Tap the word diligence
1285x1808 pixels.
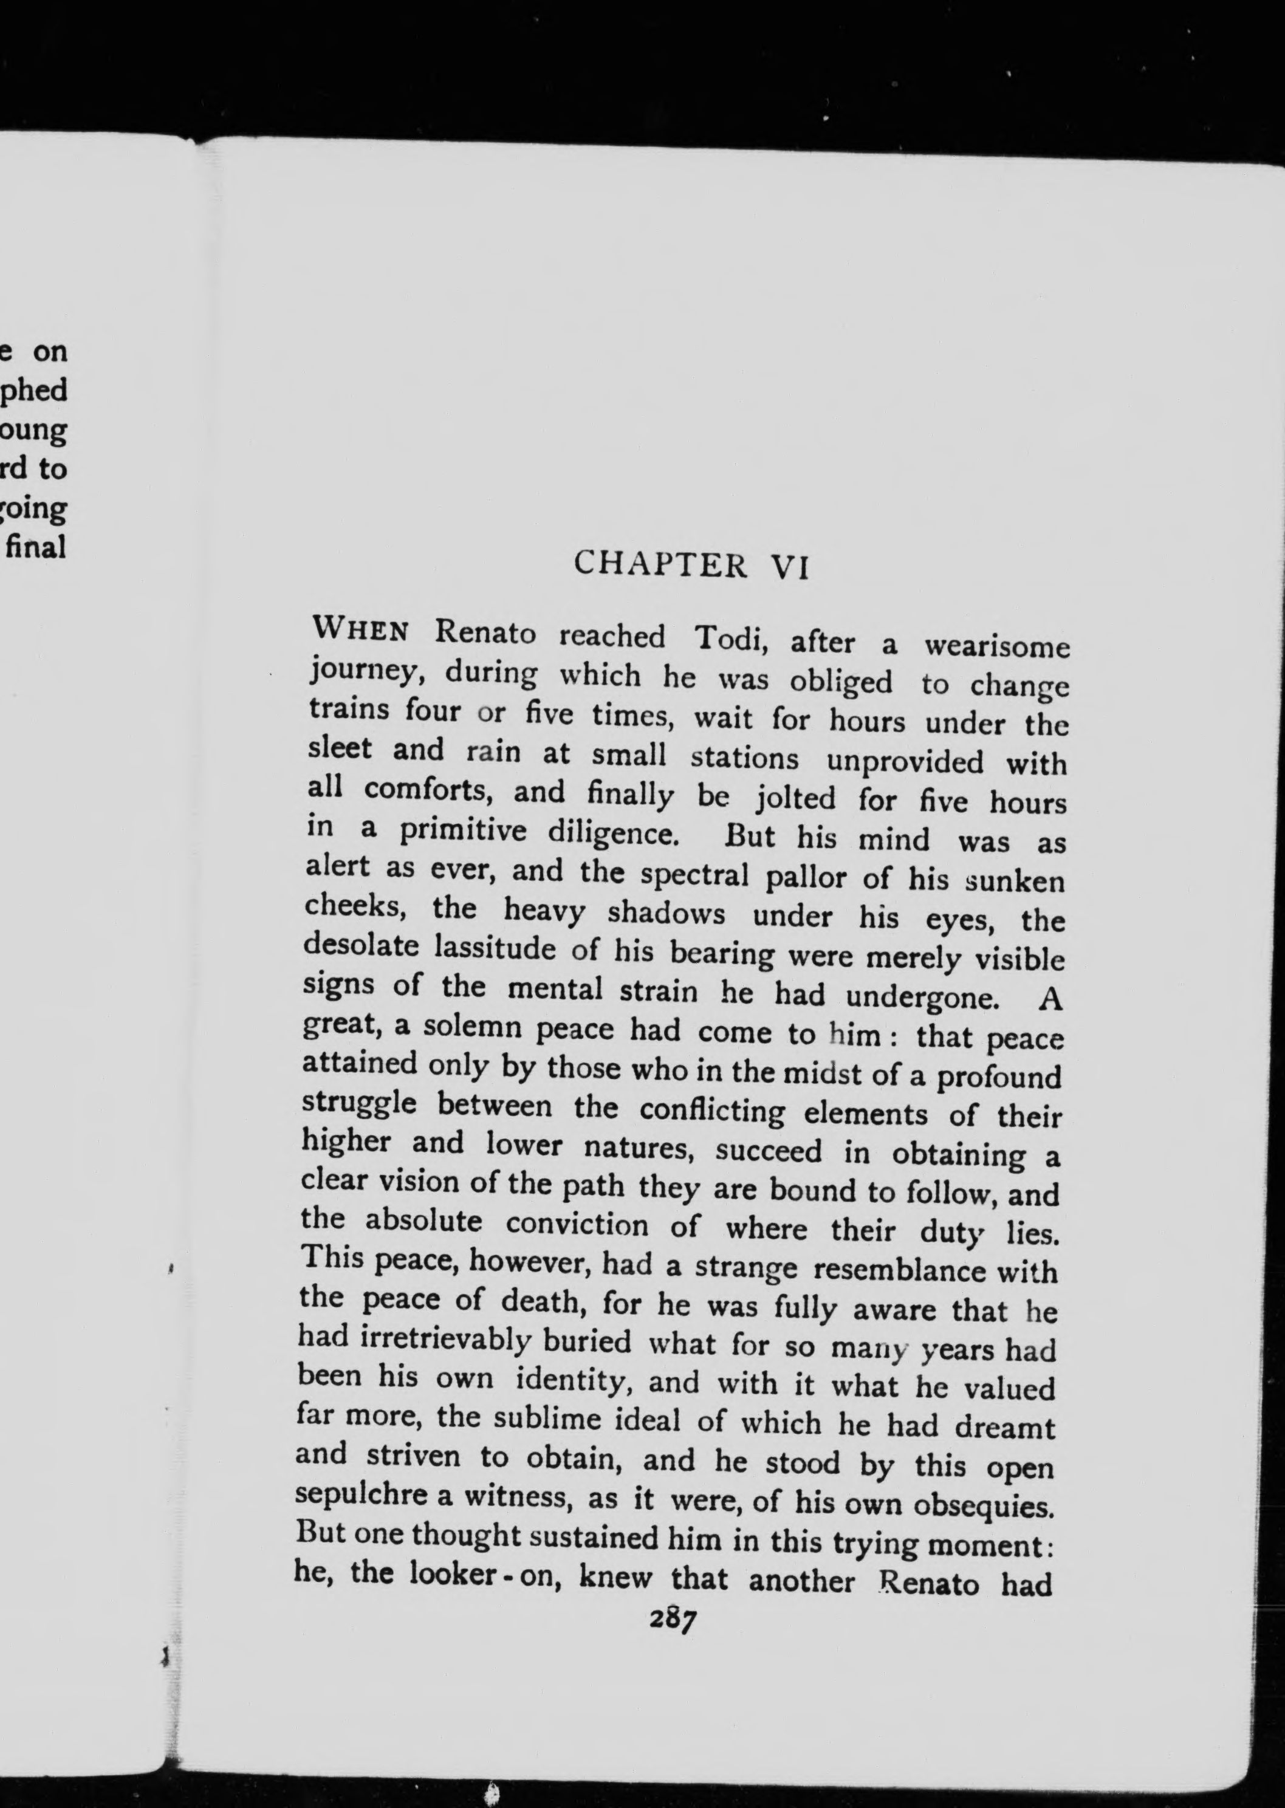click(x=612, y=833)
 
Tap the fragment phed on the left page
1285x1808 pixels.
click(x=36, y=390)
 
